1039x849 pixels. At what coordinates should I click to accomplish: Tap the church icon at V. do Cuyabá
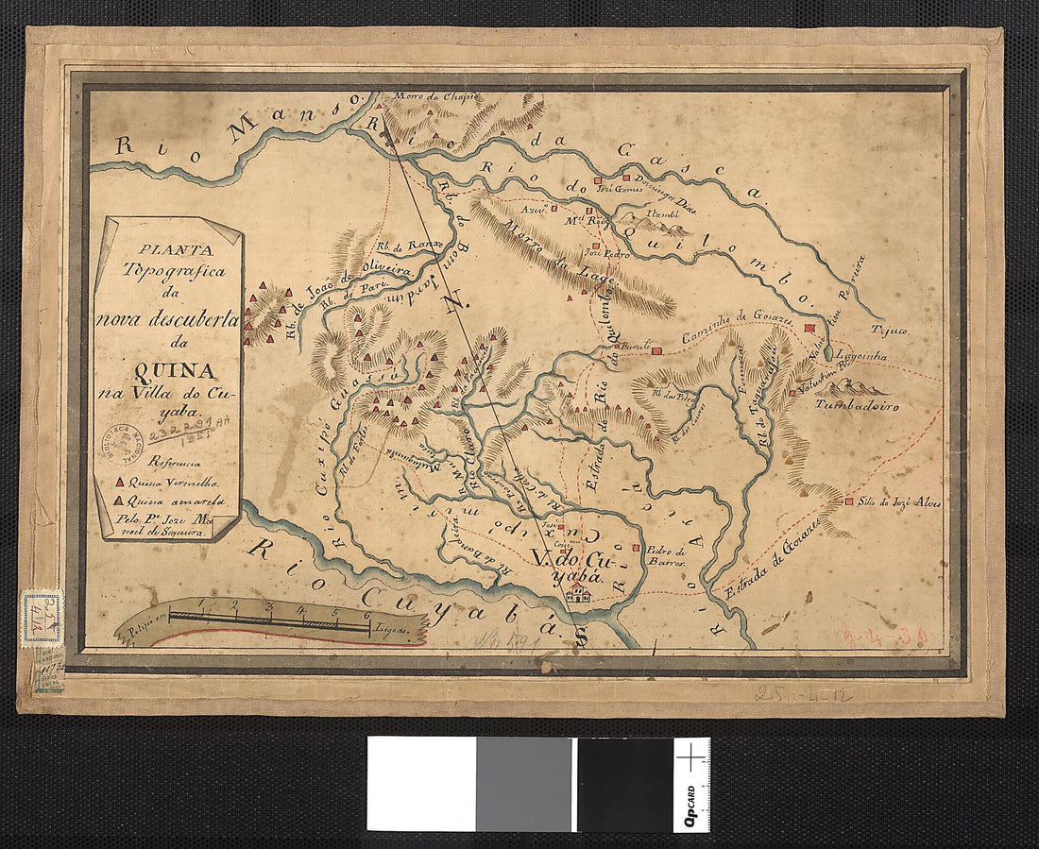click(x=577, y=594)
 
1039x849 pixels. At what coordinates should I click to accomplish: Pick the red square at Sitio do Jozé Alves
click(x=849, y=501)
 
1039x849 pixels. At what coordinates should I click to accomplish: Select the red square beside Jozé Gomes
click(x=597, y=179)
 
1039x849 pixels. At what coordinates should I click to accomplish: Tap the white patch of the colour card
click(x=421, y=784)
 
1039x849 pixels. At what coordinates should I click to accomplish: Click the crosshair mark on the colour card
click(x=692, y=756)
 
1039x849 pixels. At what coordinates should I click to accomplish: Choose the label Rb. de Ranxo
click(x=404, y=247)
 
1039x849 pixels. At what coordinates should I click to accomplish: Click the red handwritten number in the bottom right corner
click(x=884, y=637)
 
